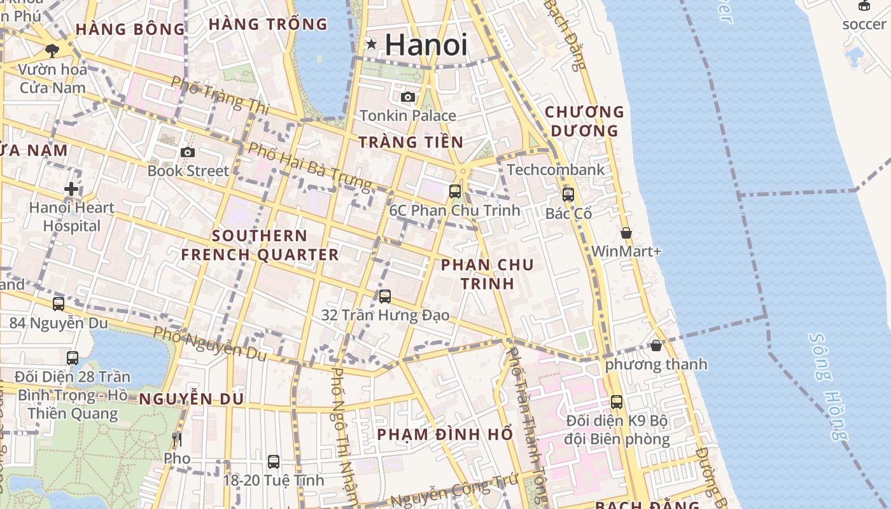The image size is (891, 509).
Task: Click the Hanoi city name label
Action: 426,45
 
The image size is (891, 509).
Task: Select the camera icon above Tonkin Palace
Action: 408,97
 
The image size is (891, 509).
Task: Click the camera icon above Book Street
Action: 187,152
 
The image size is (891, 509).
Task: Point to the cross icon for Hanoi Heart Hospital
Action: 71,189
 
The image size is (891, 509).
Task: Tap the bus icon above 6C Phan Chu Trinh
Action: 454,191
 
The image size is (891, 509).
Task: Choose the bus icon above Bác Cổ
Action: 568,194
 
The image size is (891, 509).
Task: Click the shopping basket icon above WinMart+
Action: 626,233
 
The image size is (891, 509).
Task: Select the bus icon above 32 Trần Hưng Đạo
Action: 384,296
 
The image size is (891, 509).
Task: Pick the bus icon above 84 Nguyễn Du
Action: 59,304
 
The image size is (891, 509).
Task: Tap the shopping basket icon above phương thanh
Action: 656,345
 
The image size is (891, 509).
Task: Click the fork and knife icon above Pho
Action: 177,439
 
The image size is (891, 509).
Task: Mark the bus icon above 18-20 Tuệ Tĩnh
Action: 274,461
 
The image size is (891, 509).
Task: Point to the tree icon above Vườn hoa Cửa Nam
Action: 52,50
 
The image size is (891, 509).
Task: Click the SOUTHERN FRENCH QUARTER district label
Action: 260,245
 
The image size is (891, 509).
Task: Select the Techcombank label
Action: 556,170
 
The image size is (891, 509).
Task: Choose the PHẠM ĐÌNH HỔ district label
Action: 445,435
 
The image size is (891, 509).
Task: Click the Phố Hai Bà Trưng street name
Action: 310,167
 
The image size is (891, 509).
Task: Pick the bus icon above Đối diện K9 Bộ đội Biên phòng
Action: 616,402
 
